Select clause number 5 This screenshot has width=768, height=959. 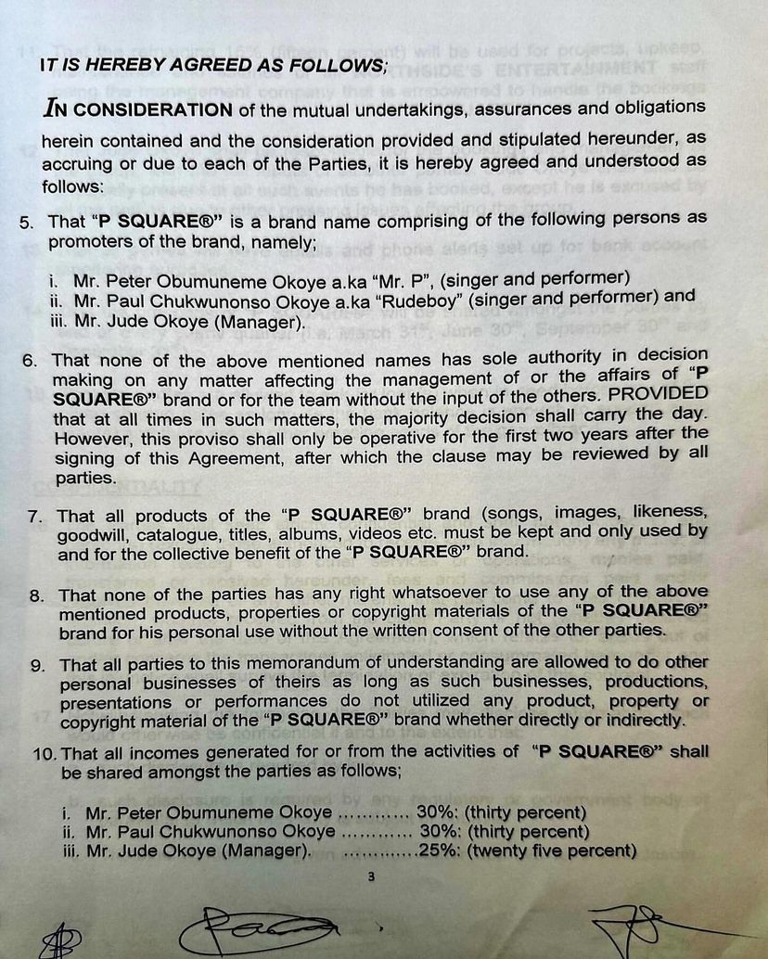pos(25,223)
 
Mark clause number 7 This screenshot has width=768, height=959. pos(34,517)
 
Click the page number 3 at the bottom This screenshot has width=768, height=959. pos(371,879)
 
